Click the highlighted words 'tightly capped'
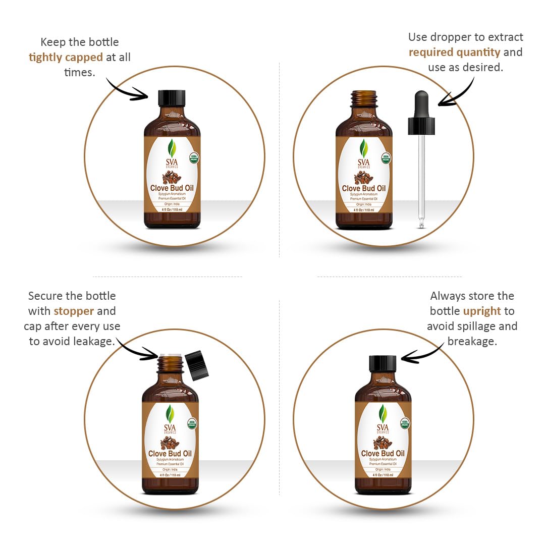pyautogui.click(x=66, y=57)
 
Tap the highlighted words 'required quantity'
pyautogui.click(x=454, y=52)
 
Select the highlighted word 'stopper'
pyautogui.click(x=74, y=311)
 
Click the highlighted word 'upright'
pyautogui.click(x=482, y=311)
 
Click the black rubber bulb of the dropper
pyautogui.click(x=421, y=105)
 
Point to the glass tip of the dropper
pyautogui.click(x=421, y=224)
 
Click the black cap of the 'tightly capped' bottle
pyautogui.click(x=172, y=97)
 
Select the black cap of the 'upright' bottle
pyautogui.click(x=383, y=363)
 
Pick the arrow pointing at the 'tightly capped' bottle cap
pyautogui.click(x=126, y=90)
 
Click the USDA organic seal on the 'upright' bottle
pyautogui.click(x=405, y=423)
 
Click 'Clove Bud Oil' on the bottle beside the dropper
pyautogui.click(x=364, y=188)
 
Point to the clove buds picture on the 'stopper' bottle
pyautogui.click(x=170, y=443)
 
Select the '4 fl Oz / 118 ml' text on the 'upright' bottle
pyautogui.click(x=383, y=475)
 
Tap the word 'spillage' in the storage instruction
pyautogui.click(x=483, y=326)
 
